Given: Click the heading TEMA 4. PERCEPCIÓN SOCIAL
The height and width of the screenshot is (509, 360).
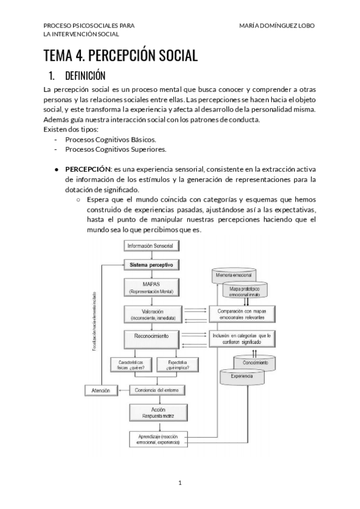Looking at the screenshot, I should pyautogui.click(x=120, y=56).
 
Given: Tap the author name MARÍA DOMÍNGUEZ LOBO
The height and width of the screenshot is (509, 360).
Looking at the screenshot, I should pyautogui.click(x=276, y=26).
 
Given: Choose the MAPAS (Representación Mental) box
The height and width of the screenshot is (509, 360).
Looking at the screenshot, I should pyautogui.click(x=151, y=287).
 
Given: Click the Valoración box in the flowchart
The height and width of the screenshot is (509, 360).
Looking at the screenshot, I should pyautogui.click(x=151, y=313).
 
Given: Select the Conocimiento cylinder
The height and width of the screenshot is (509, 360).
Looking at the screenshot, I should pyautogui.click(x=255, y=363).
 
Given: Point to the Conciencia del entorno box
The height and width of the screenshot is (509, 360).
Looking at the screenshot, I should pyautogui.click(x=157, y=390).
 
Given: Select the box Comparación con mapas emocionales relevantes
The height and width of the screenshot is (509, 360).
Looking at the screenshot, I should pyautogui.click(x=241, y=313).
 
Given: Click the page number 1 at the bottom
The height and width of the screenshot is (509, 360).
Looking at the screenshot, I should pyautogui.click(x=179, y=483).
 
